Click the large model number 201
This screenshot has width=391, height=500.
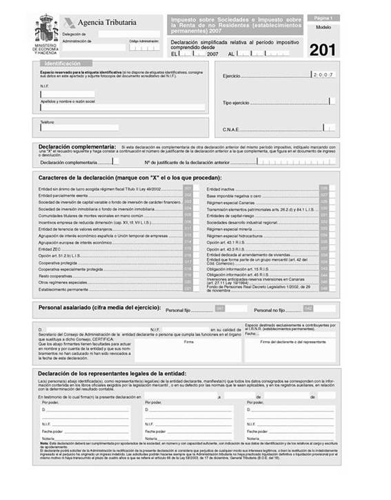coord(323,50)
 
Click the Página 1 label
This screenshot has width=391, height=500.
coord(323,17)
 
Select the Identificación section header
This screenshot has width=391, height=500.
coord(63,63)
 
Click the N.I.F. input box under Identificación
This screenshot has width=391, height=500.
coord(67,93)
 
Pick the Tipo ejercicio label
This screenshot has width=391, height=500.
coord(237,102)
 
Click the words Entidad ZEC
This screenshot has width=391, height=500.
coord(50,249)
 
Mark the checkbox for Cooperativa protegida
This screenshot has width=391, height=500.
coord(187,262)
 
